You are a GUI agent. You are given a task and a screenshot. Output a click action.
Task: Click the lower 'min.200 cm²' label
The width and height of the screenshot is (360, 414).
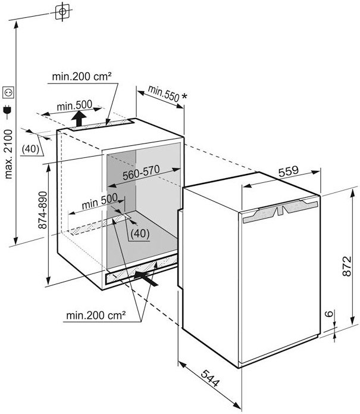pyautogui.click(x=94, y=315)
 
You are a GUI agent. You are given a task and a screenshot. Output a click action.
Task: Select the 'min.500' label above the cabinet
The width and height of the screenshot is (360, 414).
pyautogui.click(x=75, y=105)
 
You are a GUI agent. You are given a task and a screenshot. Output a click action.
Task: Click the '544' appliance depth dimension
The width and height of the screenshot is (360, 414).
pyautogui.click(x=208, y=379)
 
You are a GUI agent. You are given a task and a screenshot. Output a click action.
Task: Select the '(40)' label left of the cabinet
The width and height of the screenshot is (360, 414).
pyautogui.click(x=33, y=149)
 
